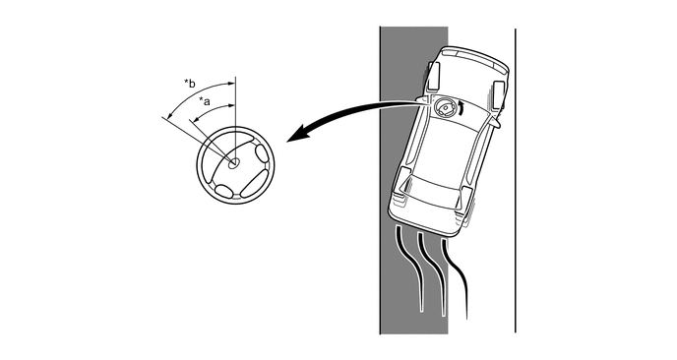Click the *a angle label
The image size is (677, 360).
tap(205, 102)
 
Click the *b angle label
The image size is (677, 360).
tap(190, 83)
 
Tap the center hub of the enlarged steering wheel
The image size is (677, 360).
tap(233, 163)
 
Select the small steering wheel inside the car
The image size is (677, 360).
tap(445, 107)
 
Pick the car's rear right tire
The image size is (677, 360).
tap(466, 206)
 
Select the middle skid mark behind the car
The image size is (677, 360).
tap(432, 271)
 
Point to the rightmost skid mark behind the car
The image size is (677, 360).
tap(457, 276)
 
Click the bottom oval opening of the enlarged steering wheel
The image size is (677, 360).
tap(223, 191)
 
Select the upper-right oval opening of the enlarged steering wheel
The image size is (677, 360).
tap(262, 153)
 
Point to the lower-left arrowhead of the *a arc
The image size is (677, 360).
tap(196, 120)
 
